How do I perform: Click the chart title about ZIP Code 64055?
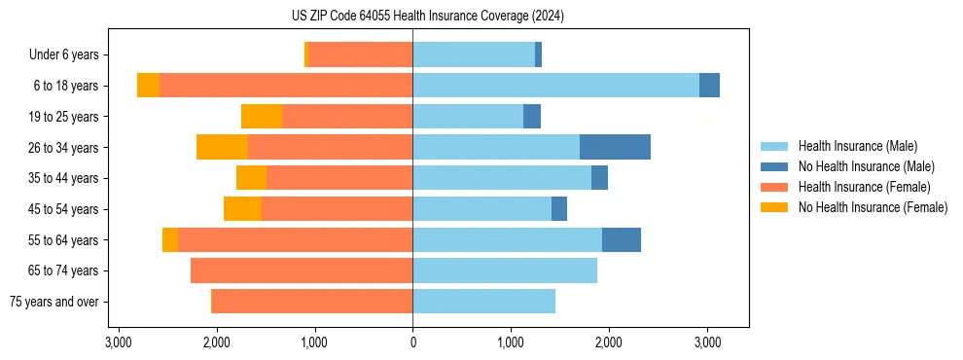click(481, 16)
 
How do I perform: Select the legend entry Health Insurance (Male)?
click(857, 146)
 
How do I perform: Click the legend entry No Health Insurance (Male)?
click(866, 166)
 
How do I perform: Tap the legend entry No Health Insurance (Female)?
click(873, 207)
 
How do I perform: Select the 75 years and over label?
click(53, 302)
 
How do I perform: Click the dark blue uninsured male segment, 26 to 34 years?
click(615, 147)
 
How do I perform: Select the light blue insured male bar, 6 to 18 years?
click(555, 86)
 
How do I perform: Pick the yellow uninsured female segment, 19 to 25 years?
click(262, 117)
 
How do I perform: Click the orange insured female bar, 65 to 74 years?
click(302, 270)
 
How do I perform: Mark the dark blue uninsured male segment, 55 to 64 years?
click(622, 239)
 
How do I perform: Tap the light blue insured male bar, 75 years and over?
click(483, 302)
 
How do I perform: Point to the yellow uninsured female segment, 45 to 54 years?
click(242, 209)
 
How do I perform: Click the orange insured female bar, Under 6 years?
click(360, 55)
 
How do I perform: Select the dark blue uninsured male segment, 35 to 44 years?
click(599, 178)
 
